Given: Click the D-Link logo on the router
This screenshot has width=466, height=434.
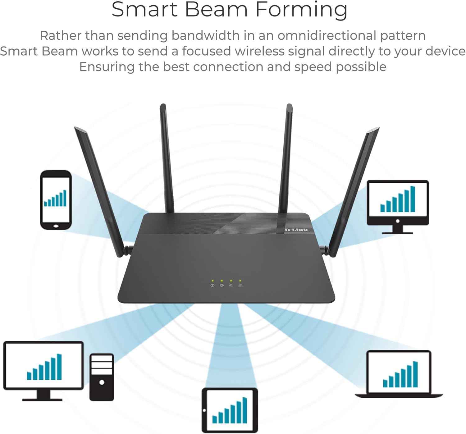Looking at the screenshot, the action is (296, 230).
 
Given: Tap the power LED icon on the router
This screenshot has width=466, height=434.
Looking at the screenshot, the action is (212, 285).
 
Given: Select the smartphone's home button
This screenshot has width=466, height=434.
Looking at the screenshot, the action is (56, 226).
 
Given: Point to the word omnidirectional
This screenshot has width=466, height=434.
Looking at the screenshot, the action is (327, 35).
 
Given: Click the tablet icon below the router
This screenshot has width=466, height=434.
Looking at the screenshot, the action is (230, 410).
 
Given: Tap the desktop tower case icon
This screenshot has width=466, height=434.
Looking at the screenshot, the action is (102, 377).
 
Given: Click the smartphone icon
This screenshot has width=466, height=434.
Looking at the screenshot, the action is (56, 200).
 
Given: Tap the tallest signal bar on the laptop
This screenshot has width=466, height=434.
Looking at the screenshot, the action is (415, 374).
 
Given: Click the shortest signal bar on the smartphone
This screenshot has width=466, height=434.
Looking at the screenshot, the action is (46, 204).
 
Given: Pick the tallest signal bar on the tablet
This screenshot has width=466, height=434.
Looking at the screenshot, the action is (245, 410).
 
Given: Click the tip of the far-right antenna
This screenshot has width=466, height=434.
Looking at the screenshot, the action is (377, 129).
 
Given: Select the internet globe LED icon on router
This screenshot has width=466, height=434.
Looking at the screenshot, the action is (222, 285).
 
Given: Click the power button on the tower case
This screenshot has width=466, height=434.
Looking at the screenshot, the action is (102, 382).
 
